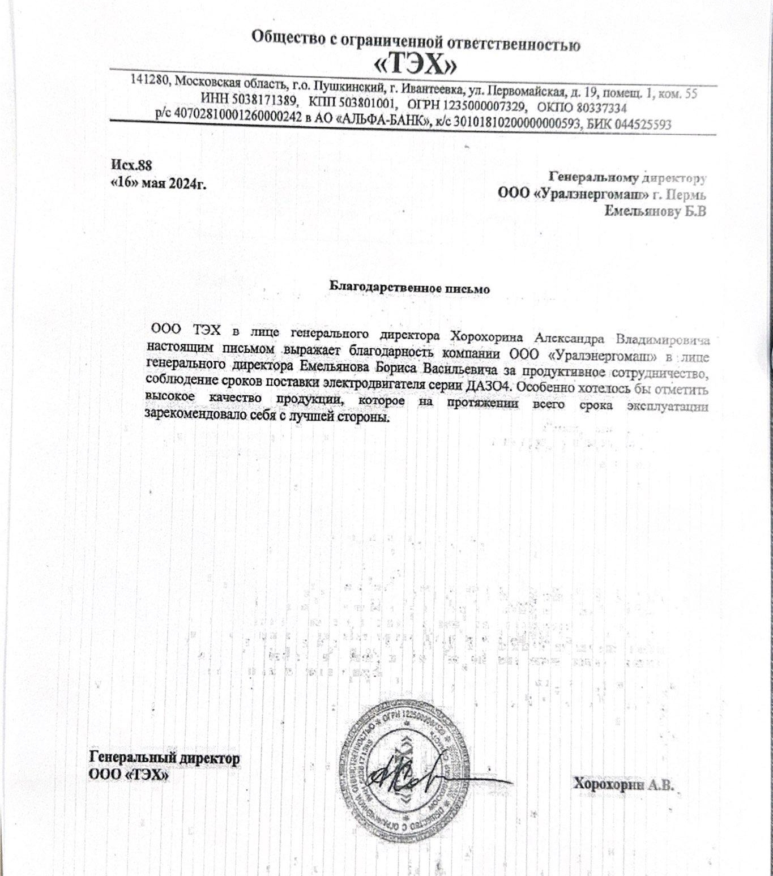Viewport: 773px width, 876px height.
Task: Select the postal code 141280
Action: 150,80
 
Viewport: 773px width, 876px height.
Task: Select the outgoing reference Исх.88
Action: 131,165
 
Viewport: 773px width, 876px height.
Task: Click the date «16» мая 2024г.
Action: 158,183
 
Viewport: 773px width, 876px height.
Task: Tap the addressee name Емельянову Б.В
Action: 655,212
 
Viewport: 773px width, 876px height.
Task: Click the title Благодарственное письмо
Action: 409,288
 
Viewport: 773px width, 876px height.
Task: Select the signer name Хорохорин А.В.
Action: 623,785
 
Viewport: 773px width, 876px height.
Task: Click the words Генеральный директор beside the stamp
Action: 164,758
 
